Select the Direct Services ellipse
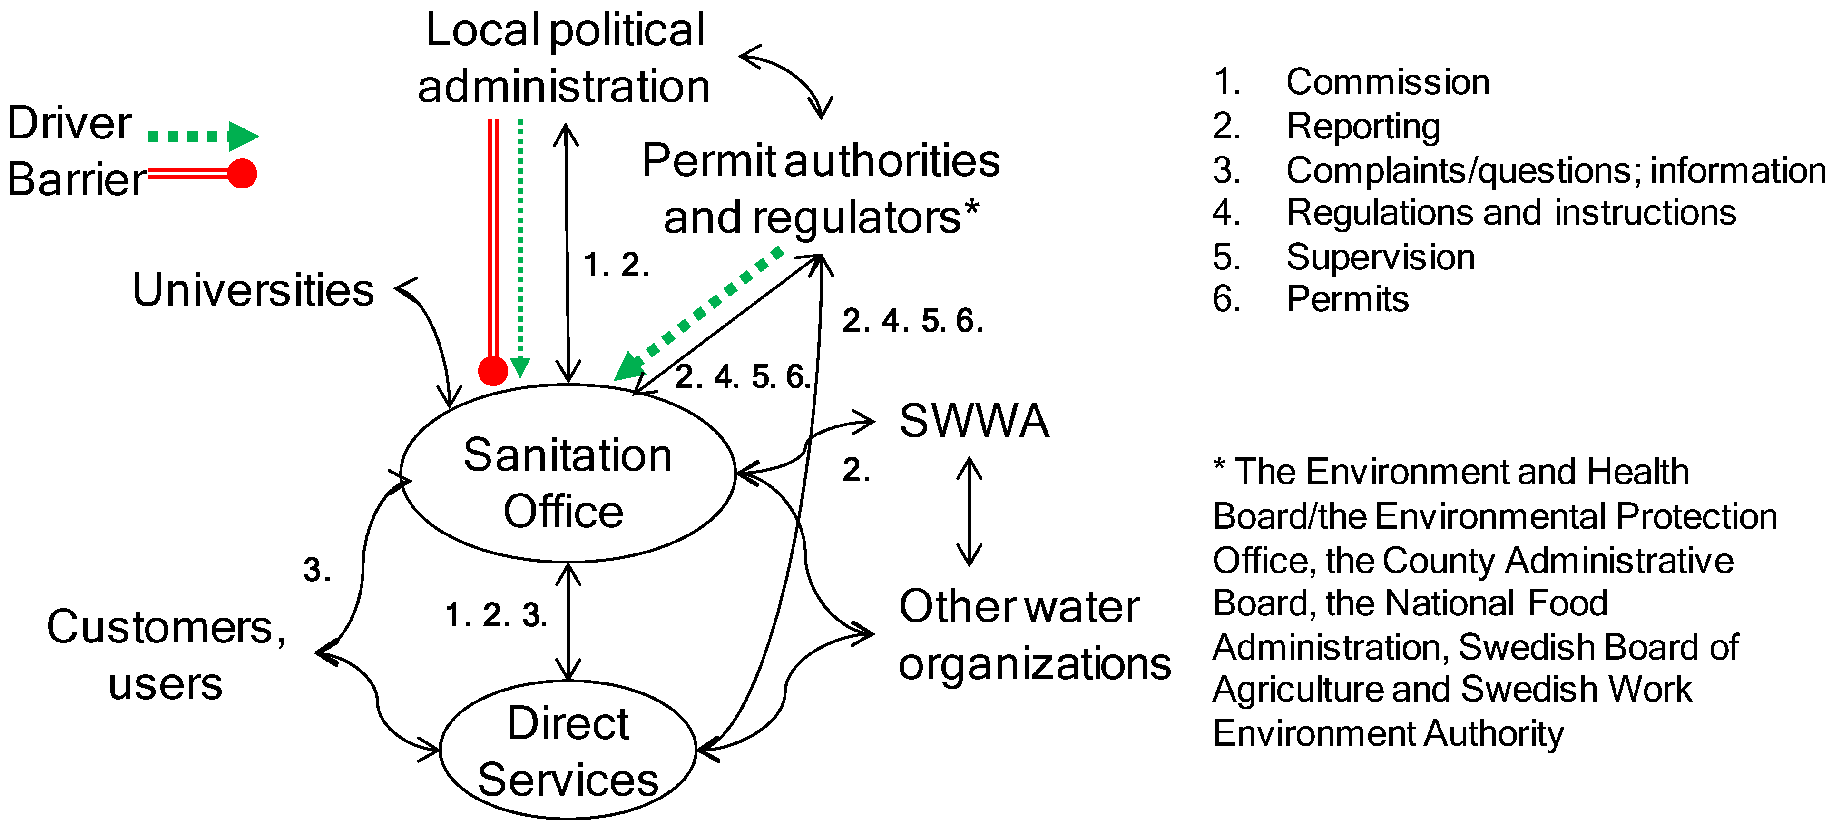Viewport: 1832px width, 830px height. pyautogui.click(x=568, y=751)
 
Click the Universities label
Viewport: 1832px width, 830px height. pyautogui.click(x=253, y=290)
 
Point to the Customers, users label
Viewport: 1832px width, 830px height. pyautogui.click(x=166, y=654)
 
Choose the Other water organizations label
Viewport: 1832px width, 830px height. pyautogui.click(x=1033, y=635)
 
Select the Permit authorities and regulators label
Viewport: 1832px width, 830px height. pyautogui.click(x=821, y=188)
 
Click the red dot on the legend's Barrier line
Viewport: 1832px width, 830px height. pyautogui.click(x=242, y=174)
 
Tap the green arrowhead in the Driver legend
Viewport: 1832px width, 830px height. pyautogui.click(x=242, y=136)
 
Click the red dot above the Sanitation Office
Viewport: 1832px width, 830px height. pyautogui.click(x=493, y=371)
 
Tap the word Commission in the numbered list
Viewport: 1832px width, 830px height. pyautogui.click(x=1388, y=82)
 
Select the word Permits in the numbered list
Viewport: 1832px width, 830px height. pyautogui.click(x=1347, y=299)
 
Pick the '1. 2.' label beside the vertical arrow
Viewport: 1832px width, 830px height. pyautogui.click(x=616, y=265)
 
